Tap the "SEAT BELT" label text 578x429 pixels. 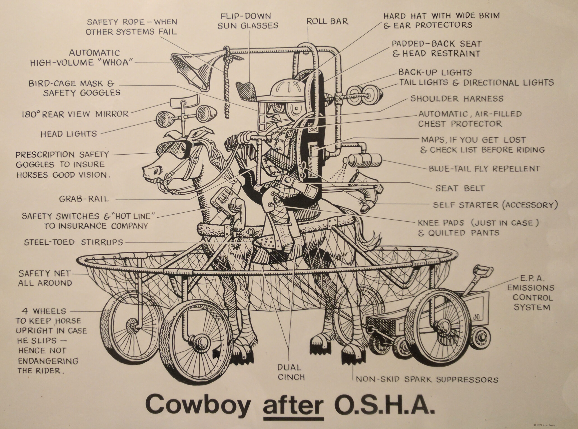coord(460,188)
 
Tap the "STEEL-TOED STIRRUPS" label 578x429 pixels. coord(73,242)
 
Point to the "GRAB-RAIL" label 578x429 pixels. coord(84,199)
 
